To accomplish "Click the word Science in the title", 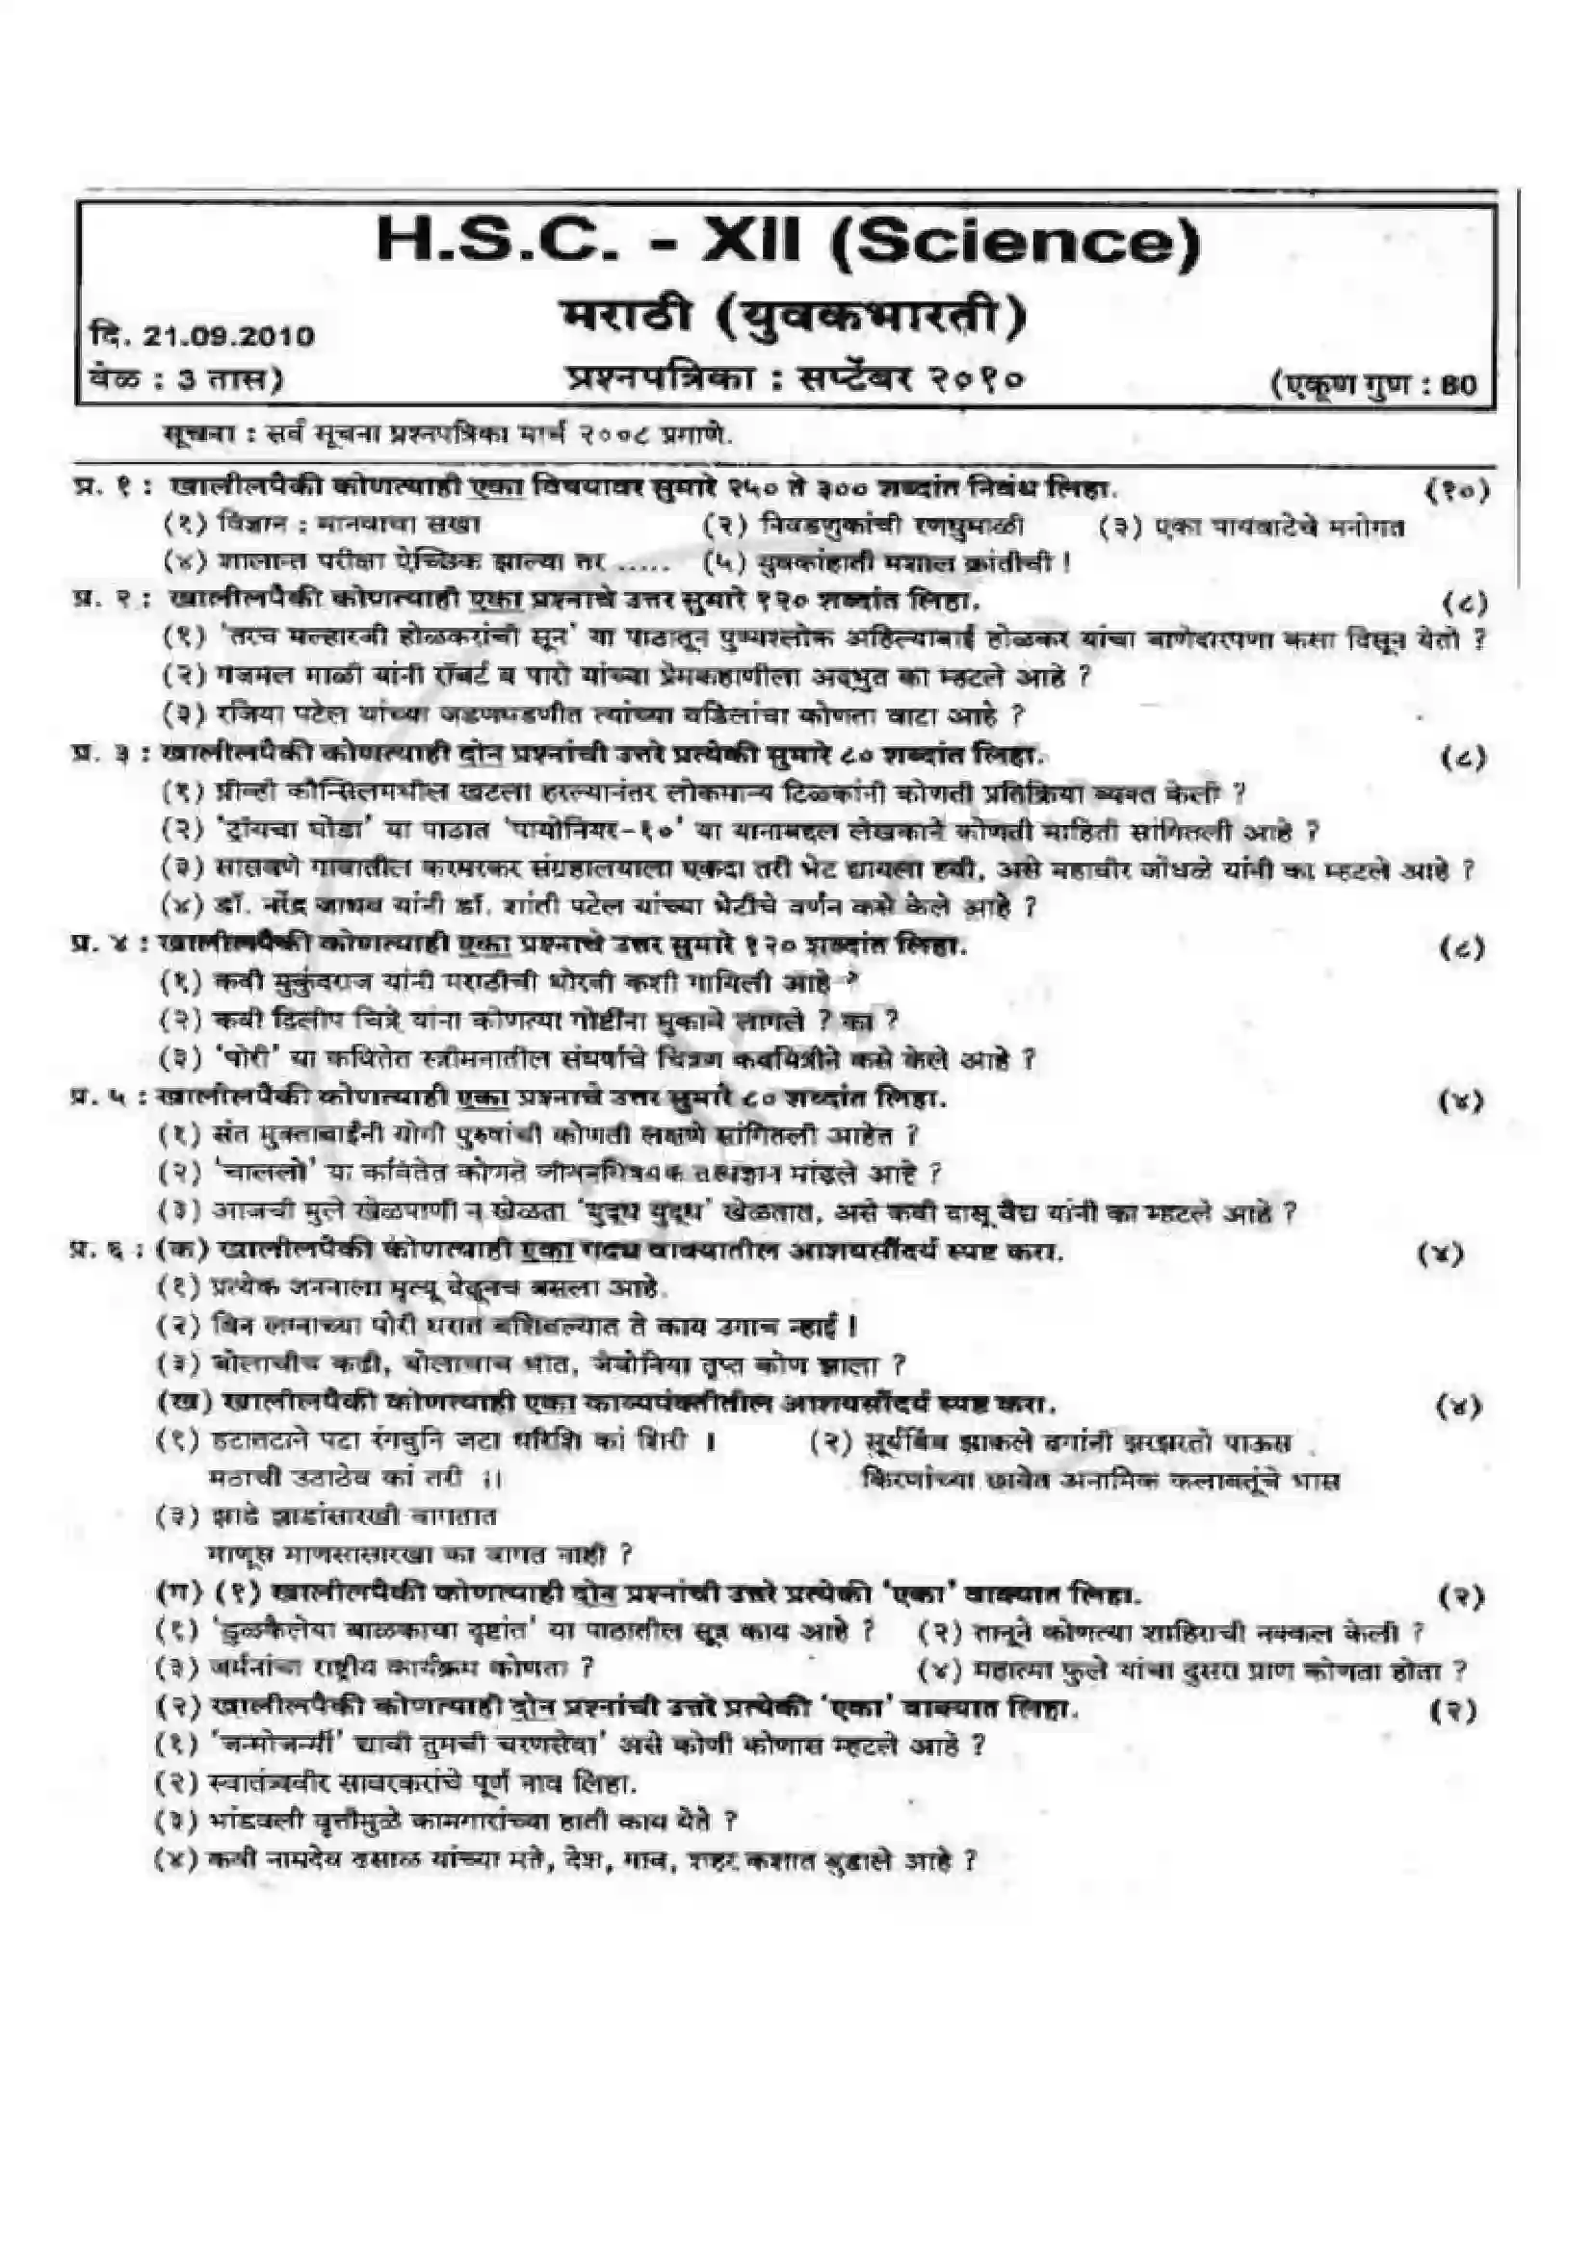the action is pyautogui.click(x=1015, y=244).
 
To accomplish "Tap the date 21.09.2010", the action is pyautogui.click(x=228, y=336).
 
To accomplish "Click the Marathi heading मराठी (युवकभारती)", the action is pyautogui.click(x=794, y=317).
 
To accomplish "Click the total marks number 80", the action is pyautogui.click(x=1459, y=384).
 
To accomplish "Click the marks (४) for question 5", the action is pyautogui.click(x=1461, y=1101).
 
